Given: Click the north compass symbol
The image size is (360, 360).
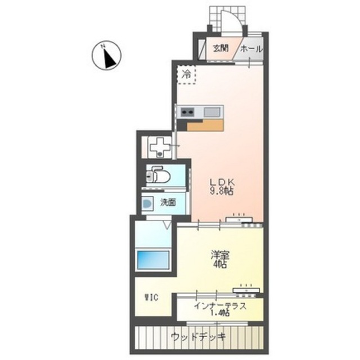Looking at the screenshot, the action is click(x=106, y=56).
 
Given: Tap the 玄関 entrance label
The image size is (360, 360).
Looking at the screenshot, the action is click(x=220, y=48).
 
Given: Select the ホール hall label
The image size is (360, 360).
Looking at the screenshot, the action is click(x=251, y=49).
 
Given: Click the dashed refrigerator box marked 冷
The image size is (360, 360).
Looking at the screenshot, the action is click(x=186, y=74).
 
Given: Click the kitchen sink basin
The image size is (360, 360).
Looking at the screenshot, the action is click(x=212, y=112).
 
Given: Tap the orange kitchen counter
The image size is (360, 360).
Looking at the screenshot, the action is click(x=205, y=125).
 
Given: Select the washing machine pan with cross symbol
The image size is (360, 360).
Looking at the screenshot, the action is click(x=160, y=147).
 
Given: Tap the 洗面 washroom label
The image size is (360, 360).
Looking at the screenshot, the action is click(x=168, y=202).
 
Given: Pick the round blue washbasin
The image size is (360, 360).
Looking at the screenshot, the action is click(x=147, y=204).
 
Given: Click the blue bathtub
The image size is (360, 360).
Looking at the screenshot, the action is click(x=153, y=260).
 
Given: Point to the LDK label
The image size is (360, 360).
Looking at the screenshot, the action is click(x=222, y=182).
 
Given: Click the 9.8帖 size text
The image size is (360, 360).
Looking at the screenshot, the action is click(x=222, y=191).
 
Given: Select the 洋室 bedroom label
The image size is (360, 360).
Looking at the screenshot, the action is click(x=220, y=255).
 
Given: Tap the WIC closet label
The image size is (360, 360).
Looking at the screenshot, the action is click(x=151, y=298).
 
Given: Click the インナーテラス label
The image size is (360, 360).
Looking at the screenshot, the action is click(x=220, y=306).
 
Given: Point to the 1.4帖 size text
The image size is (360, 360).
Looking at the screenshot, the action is click(x=220, y=313).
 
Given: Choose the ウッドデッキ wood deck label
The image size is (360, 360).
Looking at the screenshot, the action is click(x=199, y=337).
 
